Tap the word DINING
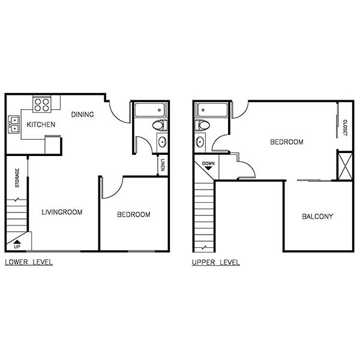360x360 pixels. pyautogui.click(x=82, y=115)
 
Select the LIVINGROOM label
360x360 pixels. pyautogui.click(x=62, y=212)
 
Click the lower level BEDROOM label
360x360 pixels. pyautogui.click(x=133, y=214)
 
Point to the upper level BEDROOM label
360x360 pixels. pyautogui.click(x=286, y=142)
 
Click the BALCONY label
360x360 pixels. pyautogui.click(x=317, y=217)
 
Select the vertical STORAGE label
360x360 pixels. pyautogui.click(x=17, y=178)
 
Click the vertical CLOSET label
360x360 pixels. pyautogui.click(x=345, y=127)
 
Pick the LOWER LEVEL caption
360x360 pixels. pyautogui.click(x=28, y=262)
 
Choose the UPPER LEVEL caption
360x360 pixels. pyautogui.click(x=215, y=262)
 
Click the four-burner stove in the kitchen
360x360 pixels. pyautogui.click(x=41, y=105)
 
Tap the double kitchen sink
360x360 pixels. pyautogui.click(x=14, y=125)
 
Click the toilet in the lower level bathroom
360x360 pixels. pyautogui.click(x=158, y=125)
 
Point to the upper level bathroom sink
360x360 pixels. pyautogui.click(x=200, y=142)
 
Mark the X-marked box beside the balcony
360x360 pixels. pyautogui.click(x=344, y=166)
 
